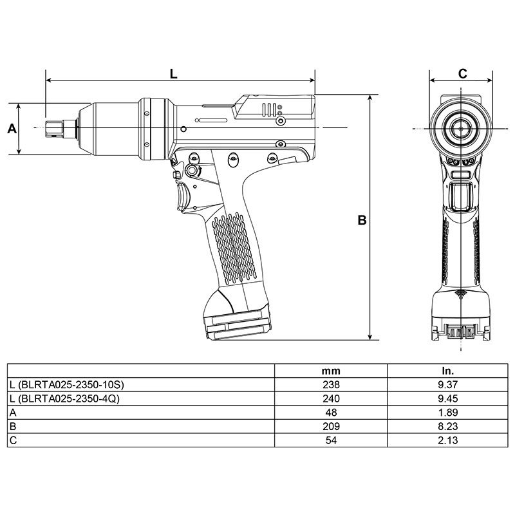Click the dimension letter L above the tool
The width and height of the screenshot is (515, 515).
173,73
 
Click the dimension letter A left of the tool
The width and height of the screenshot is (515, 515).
11,129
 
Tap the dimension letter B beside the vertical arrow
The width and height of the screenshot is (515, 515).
362,220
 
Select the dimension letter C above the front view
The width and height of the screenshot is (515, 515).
462,73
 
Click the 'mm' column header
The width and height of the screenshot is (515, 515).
331,371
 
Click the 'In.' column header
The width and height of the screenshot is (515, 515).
447,371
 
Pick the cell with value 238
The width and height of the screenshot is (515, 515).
331,384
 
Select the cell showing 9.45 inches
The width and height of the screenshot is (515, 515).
447,398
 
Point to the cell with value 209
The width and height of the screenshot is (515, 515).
331,426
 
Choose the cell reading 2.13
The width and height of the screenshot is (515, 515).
447,440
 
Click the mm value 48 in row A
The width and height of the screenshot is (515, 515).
331,413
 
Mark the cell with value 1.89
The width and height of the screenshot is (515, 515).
447,413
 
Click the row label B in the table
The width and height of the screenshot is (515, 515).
13,426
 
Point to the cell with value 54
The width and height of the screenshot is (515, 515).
331,440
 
